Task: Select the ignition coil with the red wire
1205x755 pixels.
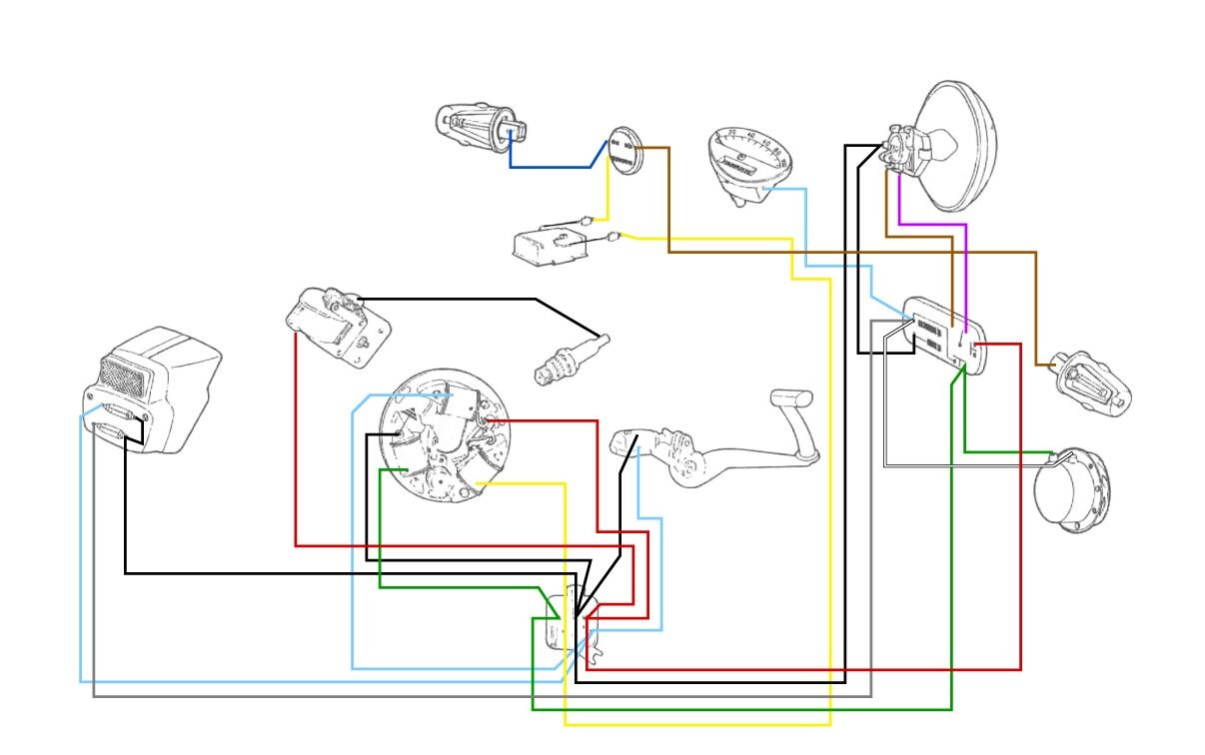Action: tap(335, 322)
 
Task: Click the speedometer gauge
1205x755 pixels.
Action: tap(748, 160)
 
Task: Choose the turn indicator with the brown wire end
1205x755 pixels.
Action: tap(1094, 383)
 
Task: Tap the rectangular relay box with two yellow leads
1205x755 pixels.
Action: tap(548, 246)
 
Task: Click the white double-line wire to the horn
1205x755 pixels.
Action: tap(959, 465)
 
